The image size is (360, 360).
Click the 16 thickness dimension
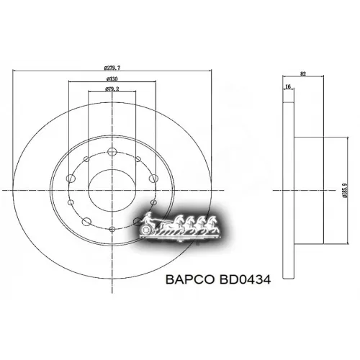(288, 86)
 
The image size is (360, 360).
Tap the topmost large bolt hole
(112, 151)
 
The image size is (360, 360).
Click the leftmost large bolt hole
(71, 178)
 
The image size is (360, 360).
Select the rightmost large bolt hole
(153, 178)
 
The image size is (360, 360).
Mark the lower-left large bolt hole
(86, 221)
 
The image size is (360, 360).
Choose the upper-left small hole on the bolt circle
(86, 159)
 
